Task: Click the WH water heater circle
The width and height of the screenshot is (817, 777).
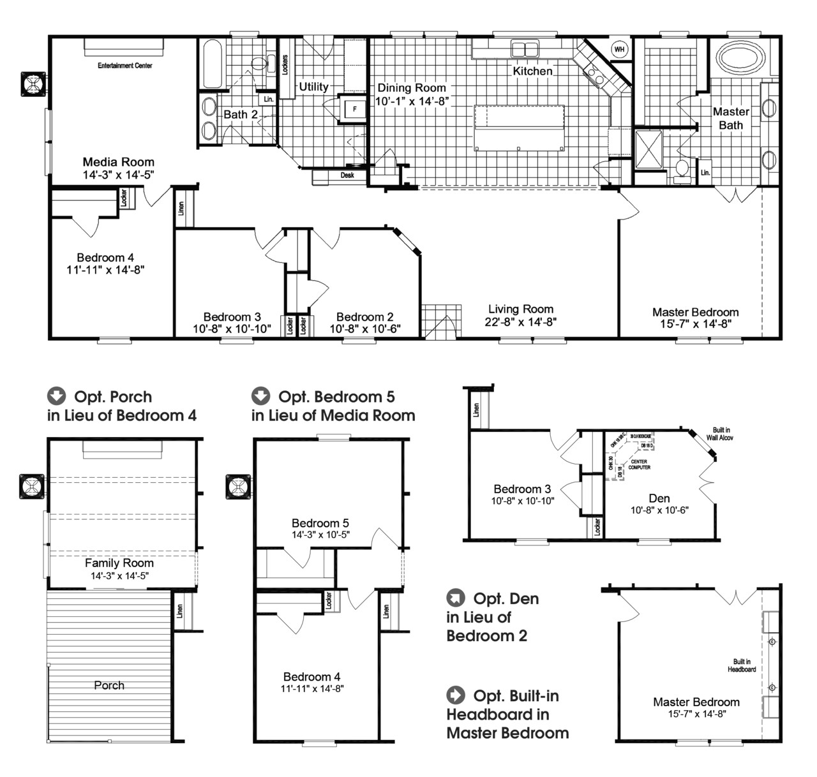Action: (619, 49)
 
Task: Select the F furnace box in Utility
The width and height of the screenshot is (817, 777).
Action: (354, 109)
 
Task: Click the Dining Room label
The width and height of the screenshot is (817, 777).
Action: (412, 88)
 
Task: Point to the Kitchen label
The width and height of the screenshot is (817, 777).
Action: (532, 71)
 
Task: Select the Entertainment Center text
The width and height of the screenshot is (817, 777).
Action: (125, 66)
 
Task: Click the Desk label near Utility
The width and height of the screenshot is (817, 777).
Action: (347, 175)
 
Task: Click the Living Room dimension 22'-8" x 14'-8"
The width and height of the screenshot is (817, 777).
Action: (521, 322)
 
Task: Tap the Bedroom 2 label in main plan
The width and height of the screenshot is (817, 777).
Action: (364, 317)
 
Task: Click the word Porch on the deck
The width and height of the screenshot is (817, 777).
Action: (109, 685)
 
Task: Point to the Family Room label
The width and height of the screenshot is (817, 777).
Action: (119, 563)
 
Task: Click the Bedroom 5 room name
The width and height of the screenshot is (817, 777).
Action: (320, 523)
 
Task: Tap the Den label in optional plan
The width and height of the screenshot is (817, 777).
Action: (659, 498)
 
